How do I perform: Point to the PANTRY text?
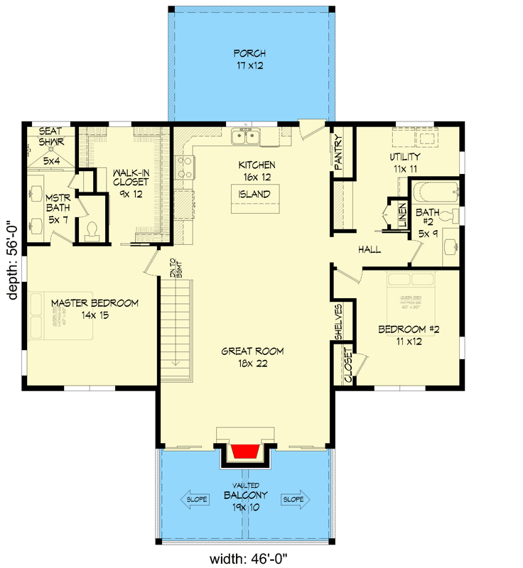(338, 152)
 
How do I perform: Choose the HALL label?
(370, 250)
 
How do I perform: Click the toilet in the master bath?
(91, 229)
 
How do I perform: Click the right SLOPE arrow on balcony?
(294, 499)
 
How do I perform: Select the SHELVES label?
(339, 322)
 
